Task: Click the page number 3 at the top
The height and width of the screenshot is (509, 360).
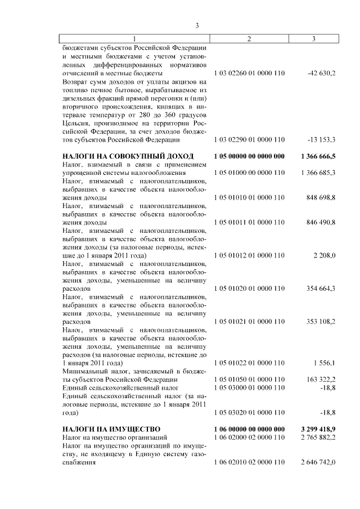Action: pos(197,25)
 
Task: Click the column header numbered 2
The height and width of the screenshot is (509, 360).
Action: pos(249,39)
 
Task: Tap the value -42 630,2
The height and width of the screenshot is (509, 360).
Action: pos(322,74)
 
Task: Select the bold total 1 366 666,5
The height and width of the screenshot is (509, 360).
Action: pos(318,156)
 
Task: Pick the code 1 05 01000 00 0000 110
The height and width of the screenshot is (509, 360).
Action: pos(250,172)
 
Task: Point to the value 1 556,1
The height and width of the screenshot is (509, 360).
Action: pos(324,363)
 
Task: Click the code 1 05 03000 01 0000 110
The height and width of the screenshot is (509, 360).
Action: pos(250,388)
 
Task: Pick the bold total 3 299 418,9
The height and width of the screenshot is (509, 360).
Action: pos(318,429)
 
